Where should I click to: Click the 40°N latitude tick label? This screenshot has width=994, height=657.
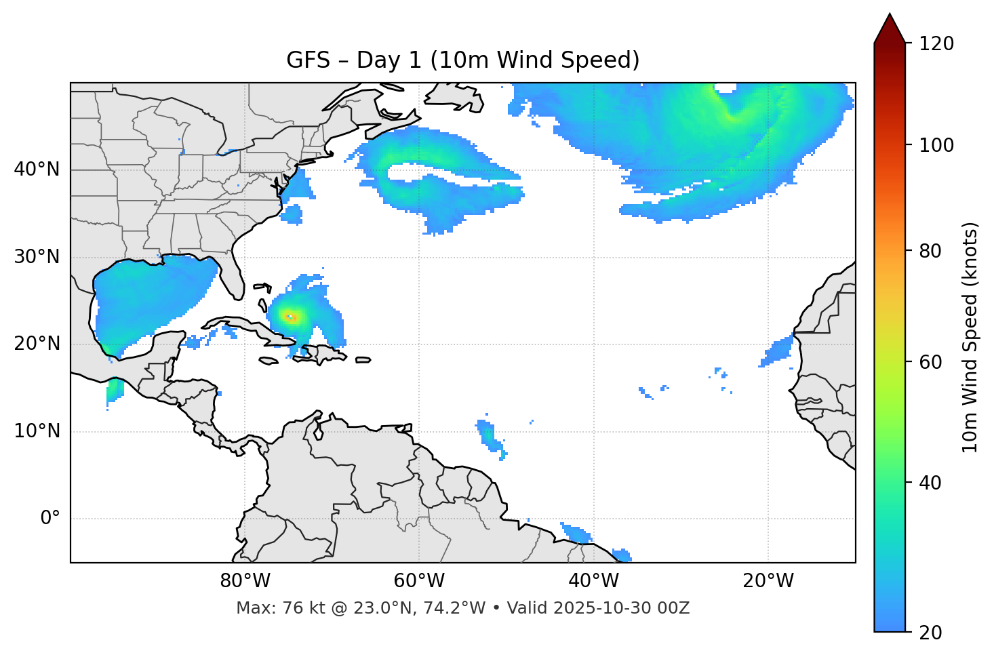tap(37, 170)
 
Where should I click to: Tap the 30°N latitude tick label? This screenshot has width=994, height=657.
tap(37, 257)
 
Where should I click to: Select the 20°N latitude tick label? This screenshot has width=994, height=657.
tap(37, 344)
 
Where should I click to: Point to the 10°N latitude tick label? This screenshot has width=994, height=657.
tap(37, 431)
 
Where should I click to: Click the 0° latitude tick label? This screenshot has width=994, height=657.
tap(49, 519)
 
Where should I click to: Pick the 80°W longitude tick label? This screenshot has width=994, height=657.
tap(245, 581)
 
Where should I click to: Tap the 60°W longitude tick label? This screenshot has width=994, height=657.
tap(419, 581)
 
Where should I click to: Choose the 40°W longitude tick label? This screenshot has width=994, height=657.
tap(593, 581)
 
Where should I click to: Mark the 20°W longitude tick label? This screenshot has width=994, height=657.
tap(768, 581)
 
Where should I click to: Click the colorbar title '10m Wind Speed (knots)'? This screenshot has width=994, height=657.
tap(970, 337)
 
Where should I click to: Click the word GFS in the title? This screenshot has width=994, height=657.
tap(308, 60)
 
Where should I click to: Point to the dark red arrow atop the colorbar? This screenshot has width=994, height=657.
tap(890, 28)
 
